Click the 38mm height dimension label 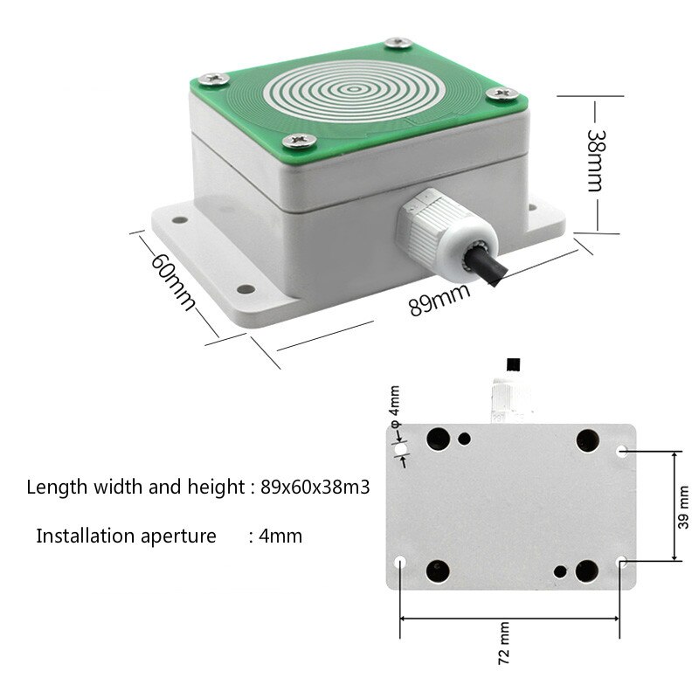coord(596,163)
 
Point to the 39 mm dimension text coord(684,507)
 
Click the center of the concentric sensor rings coord(354,88)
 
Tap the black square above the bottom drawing coord(513,363)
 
